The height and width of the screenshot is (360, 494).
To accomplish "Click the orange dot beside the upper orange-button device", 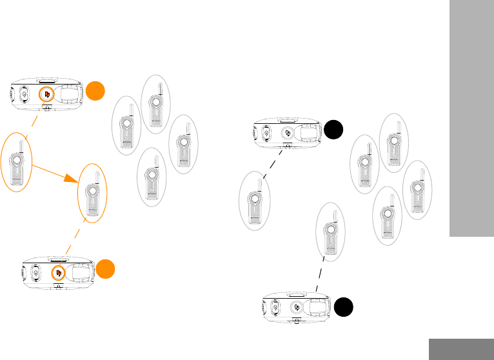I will [95, 90].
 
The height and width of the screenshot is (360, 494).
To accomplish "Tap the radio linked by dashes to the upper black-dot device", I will [253, 200].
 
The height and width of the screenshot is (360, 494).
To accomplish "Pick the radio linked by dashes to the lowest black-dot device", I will [330, 233].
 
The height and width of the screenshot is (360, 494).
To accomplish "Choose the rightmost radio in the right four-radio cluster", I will [417, 188].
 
